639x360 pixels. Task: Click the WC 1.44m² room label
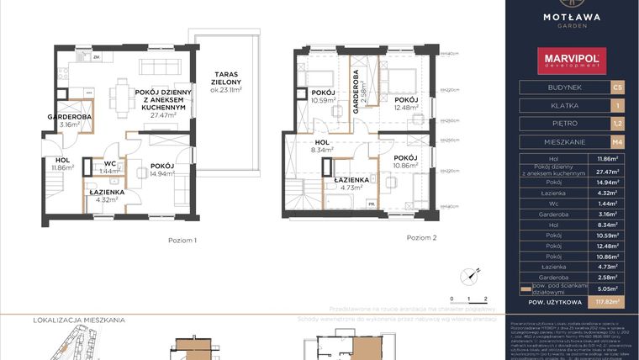(109, 167)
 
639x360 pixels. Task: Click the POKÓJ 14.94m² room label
(162, 171)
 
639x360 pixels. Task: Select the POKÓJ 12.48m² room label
(406, 103)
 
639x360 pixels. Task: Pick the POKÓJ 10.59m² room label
(323, 98)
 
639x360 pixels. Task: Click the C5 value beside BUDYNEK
(618, 87)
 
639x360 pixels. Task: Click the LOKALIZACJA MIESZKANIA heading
(78, 320)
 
